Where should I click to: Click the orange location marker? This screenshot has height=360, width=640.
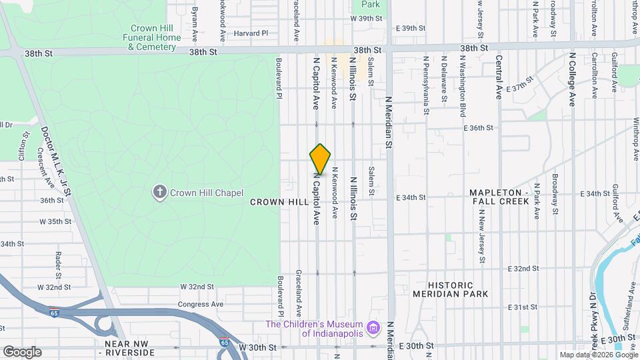pos(320,159)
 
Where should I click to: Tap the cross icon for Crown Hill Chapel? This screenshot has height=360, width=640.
pos(159,193)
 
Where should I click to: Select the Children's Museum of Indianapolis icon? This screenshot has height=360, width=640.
pos(373,328)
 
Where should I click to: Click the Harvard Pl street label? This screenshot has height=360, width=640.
pos(250,33)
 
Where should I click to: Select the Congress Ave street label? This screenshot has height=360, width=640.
pos(200,304)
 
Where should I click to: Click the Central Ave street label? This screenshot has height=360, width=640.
pos(499,77)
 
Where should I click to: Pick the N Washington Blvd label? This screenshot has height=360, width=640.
pos(462,77)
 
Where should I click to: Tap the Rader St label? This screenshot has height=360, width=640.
pos(59,265)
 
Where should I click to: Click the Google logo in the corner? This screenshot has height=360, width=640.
pos(22,351)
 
